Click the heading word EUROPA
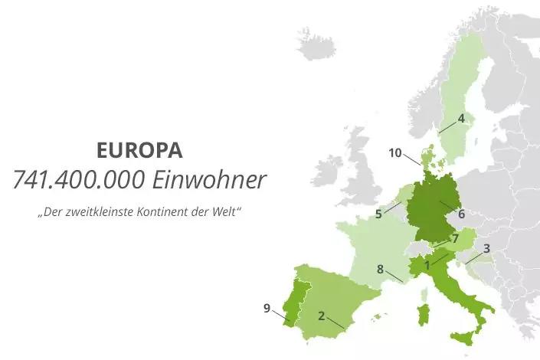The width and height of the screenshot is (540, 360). point(140,149)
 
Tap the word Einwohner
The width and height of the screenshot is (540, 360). point(209,180)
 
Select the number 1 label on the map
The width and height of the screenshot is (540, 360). point(427,265)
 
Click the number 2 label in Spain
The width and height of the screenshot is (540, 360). point(322,315)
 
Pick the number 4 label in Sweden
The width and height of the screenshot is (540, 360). point(461,118)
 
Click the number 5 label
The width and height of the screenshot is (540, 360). point(378,214)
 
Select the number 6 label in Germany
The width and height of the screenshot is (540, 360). point(461,214)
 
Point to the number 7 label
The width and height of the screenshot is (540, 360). point(455,238)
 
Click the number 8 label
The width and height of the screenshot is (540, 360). point(380,269)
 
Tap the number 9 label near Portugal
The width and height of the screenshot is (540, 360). point(267,308)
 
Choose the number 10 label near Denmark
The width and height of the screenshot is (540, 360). point(395,152)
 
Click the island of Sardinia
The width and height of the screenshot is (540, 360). point(422,314)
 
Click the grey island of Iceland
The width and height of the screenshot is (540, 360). point(316,44)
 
